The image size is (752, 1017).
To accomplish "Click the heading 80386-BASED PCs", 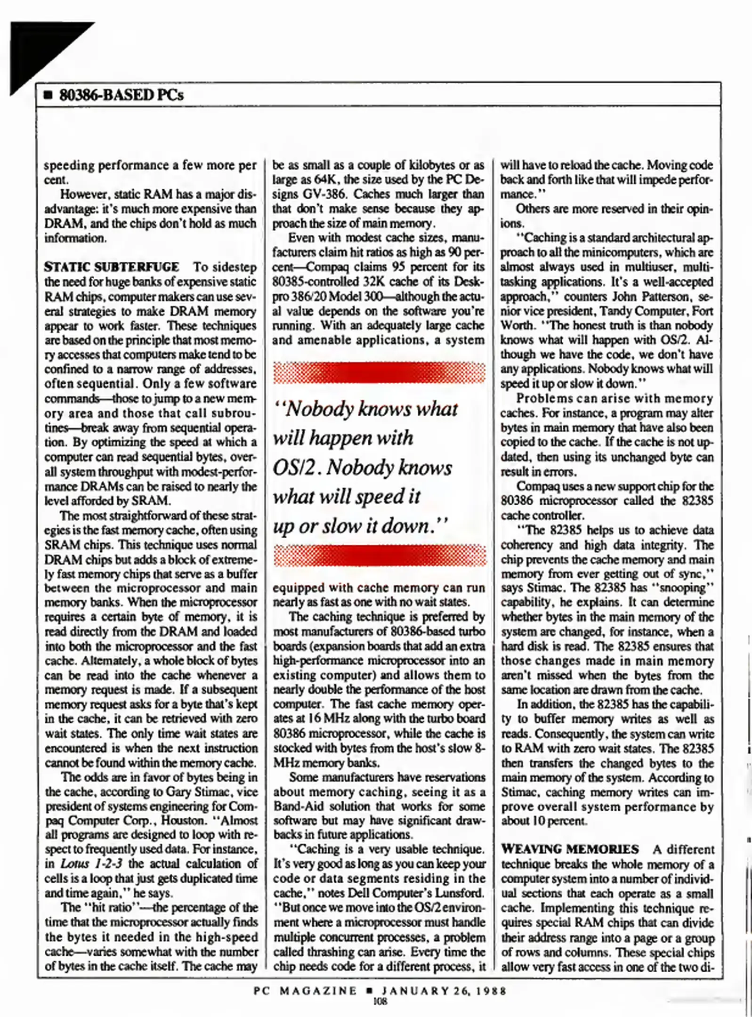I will pos(121,95).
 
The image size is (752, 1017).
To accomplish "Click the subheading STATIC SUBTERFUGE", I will pos(111,267).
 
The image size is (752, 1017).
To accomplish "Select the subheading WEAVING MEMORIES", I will pos(570,849).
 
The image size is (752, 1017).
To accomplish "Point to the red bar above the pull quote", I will pos(379,372).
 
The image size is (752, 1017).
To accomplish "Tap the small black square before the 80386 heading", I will pos(47,96).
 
